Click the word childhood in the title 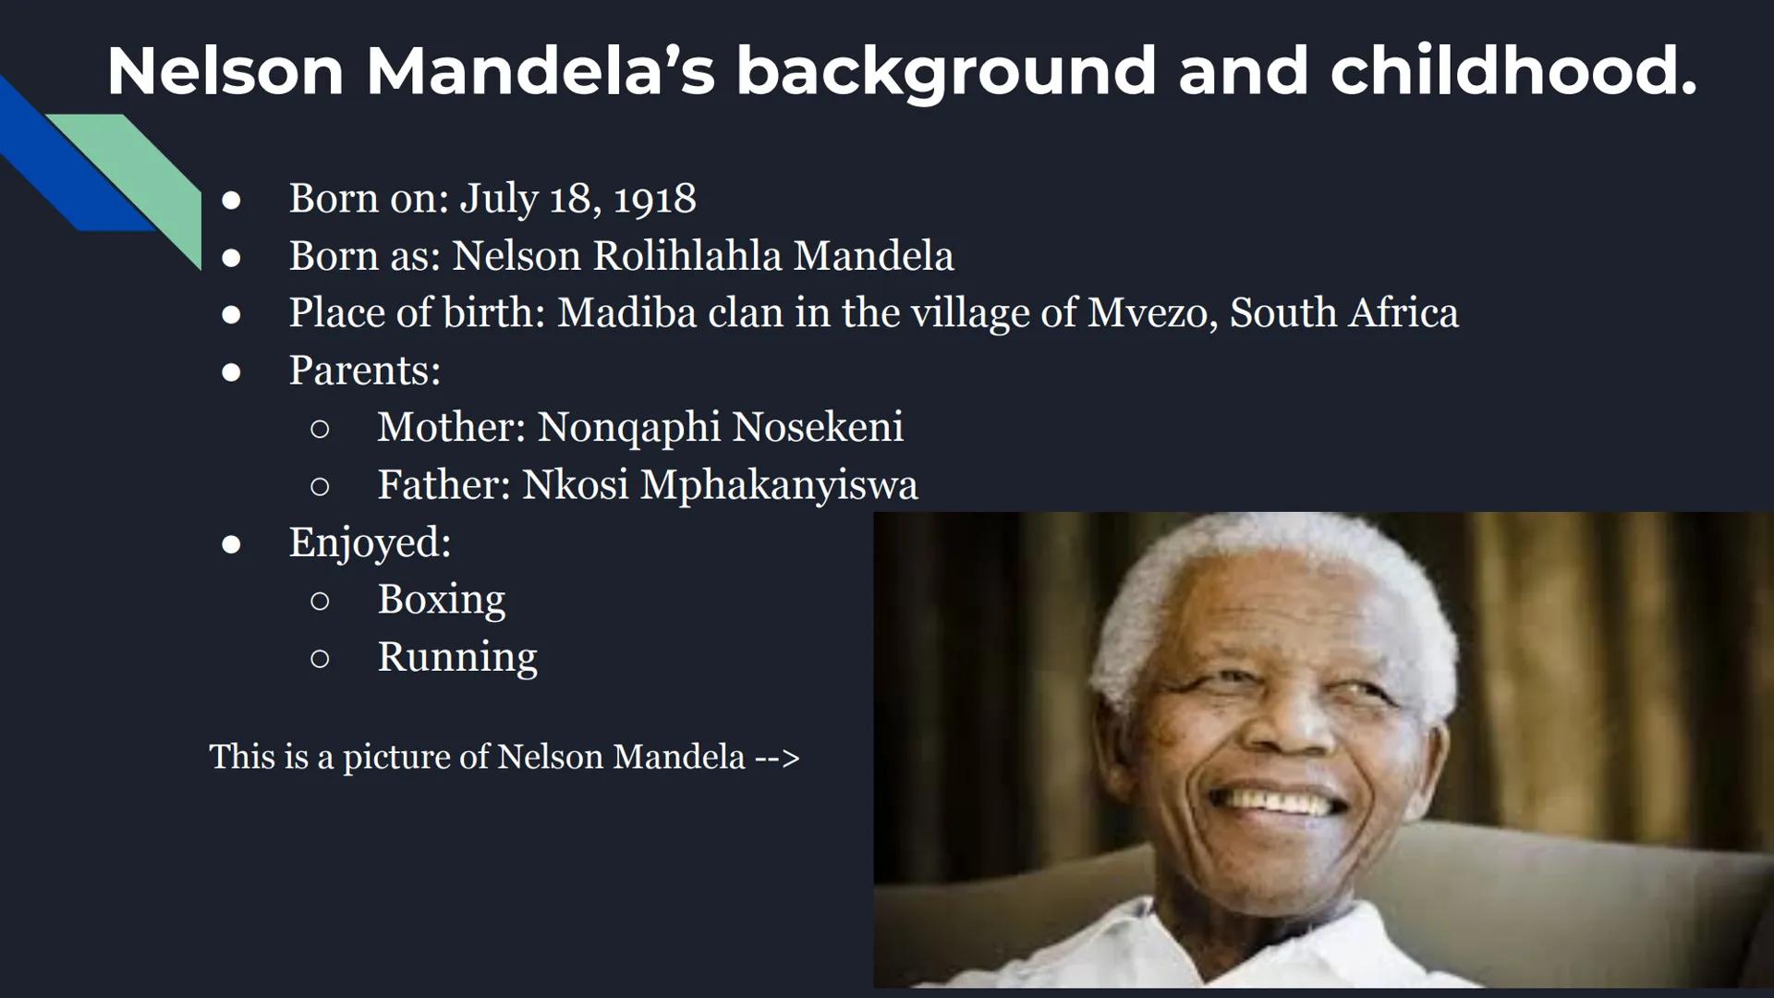[x=1513, y=70]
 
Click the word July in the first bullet [x=498, y=199]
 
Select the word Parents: [x=365, y=371]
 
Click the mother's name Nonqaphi [x=628, y=428]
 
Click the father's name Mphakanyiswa [x=779, y=485]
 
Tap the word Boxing [x=441, y=600]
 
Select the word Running [x=456, y=657]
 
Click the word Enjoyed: [x=370, y=542]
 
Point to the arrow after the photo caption [x=777, y=758]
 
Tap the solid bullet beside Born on [x=231, y=201]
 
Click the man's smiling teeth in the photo [x=1289, y=800]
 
